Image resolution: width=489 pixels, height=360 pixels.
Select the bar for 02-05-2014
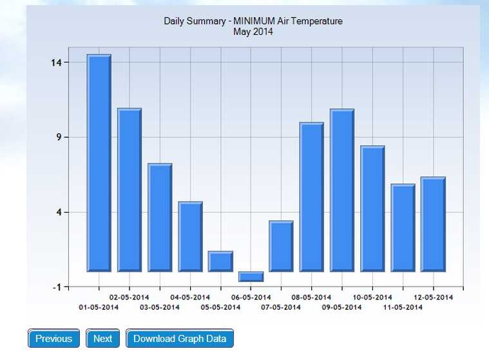coord(129,190)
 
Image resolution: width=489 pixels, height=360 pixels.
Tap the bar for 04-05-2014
coord(190,236)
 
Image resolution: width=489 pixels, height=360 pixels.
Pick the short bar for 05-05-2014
coord(220,261)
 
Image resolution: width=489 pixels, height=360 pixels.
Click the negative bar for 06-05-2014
coord(251,276)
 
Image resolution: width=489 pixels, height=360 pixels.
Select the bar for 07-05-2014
coord(282,246)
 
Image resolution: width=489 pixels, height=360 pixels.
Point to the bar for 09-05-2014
coord(342,190)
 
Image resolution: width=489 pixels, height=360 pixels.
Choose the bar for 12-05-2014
coord(433,224)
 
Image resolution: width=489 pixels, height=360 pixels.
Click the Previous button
coord(53,339)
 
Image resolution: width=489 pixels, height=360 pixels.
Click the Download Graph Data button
coord(180,339)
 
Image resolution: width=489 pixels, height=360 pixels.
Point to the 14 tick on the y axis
coord(53,62)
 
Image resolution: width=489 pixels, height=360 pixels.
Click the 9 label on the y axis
coord(57,137)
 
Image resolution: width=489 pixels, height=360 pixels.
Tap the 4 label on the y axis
coord(57,212)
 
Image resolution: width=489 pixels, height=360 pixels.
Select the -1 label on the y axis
coord(55,287)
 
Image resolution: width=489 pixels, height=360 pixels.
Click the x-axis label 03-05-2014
coord(159,307)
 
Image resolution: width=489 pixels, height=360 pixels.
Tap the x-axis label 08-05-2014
coord(311,298)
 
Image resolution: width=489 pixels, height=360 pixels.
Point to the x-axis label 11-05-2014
coord(403,307)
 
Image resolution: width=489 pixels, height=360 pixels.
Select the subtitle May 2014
coord(253,32)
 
